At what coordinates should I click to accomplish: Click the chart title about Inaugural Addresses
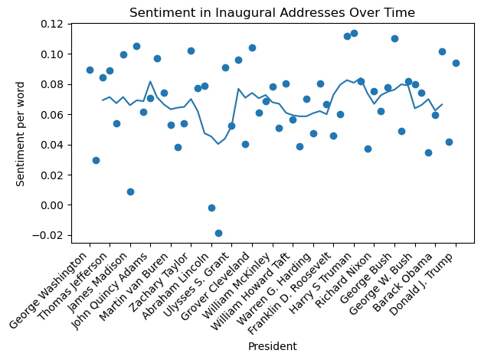pos(272,12)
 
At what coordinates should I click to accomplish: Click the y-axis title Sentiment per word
pos(21,133)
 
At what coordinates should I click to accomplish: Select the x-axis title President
pos(272,346)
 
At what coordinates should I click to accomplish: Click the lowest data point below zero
pos(218,233)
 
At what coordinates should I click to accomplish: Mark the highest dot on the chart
pos(354,33)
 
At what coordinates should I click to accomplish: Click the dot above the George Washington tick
pos(90,70)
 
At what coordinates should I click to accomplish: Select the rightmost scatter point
pos(456,63)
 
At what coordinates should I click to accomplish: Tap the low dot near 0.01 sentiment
pos(130,191)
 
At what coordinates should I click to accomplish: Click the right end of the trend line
pos(442,104)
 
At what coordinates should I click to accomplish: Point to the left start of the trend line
pos(103,100)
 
